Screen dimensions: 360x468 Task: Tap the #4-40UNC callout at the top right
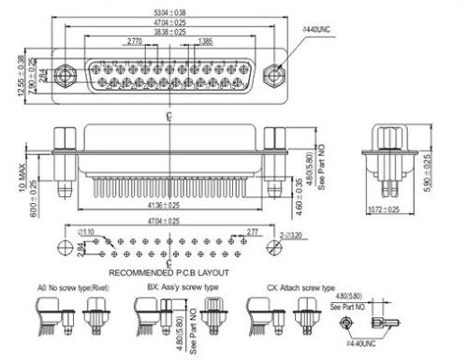tap(319, 31)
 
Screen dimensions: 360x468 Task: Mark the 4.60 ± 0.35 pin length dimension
tap(314, 183)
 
